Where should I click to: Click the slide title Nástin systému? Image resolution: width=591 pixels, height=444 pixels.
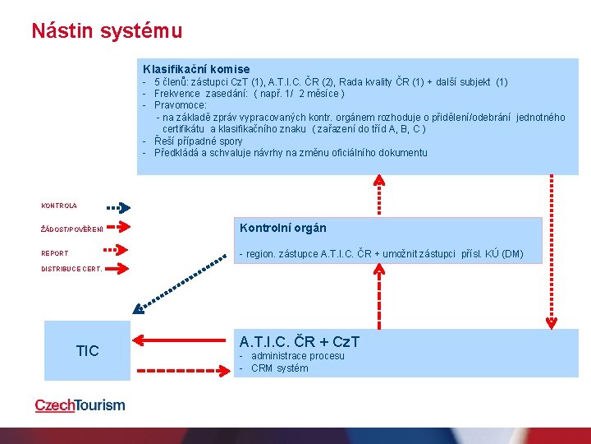[x=107, y=31]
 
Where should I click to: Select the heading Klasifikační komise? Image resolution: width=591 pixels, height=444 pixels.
[x=196, y=69]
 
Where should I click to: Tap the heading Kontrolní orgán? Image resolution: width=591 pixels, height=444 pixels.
[x=282, y=228]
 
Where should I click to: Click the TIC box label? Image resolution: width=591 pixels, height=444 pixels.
[x=87, y=351]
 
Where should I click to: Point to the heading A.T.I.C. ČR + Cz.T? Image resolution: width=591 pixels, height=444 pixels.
[x=299, y=341]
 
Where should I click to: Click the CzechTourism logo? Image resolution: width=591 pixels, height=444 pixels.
[x=80, y=405]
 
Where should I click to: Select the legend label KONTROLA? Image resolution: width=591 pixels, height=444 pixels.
[x=59, y=206]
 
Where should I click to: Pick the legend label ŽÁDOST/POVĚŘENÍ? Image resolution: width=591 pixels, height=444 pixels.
[x=72, y=229]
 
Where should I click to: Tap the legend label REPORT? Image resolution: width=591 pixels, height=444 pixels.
[x=55, y=253]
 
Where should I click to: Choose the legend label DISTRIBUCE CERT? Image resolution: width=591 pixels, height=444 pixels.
[x=72, y=269]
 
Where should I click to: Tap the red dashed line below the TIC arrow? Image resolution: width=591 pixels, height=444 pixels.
[x=181, y=372]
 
